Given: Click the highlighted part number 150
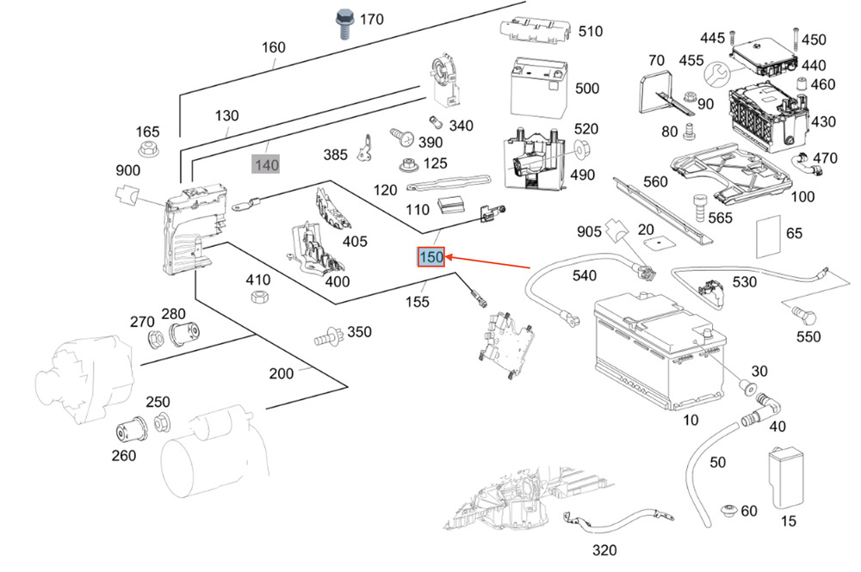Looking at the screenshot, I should (x=430, y=256).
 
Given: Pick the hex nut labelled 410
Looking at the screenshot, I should (x=257, y=297).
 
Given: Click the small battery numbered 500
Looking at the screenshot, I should (x=538, y=86).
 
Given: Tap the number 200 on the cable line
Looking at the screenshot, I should (x=281, y=373).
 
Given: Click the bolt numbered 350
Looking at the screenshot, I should (x=327, y=335).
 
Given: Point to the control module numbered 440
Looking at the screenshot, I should (x=763, y=58).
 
